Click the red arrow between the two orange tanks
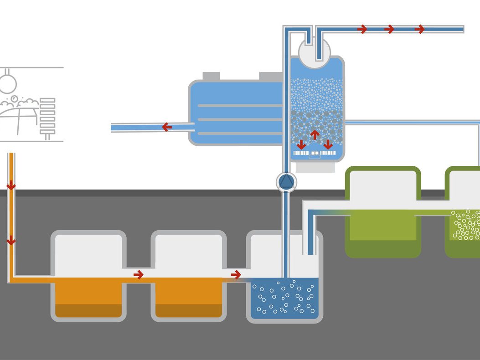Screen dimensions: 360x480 pos(139,275)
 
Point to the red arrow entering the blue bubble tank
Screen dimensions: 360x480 pos(236,275)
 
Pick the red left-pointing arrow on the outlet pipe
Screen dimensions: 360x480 pos(167,127)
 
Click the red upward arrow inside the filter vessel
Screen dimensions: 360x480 pos(315,134)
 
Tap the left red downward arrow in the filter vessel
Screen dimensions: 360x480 pos(301,144)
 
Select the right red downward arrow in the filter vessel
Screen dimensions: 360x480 pos(328,144)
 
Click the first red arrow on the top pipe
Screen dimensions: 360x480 pos(362,29)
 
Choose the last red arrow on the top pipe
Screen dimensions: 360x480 pos(419,29)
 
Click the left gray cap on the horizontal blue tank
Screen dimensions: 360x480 pos(211,76)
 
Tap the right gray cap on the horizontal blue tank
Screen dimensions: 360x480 pos(270,76)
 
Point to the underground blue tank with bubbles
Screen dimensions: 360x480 pos(284,296)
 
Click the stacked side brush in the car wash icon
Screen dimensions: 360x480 pos(47,116)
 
